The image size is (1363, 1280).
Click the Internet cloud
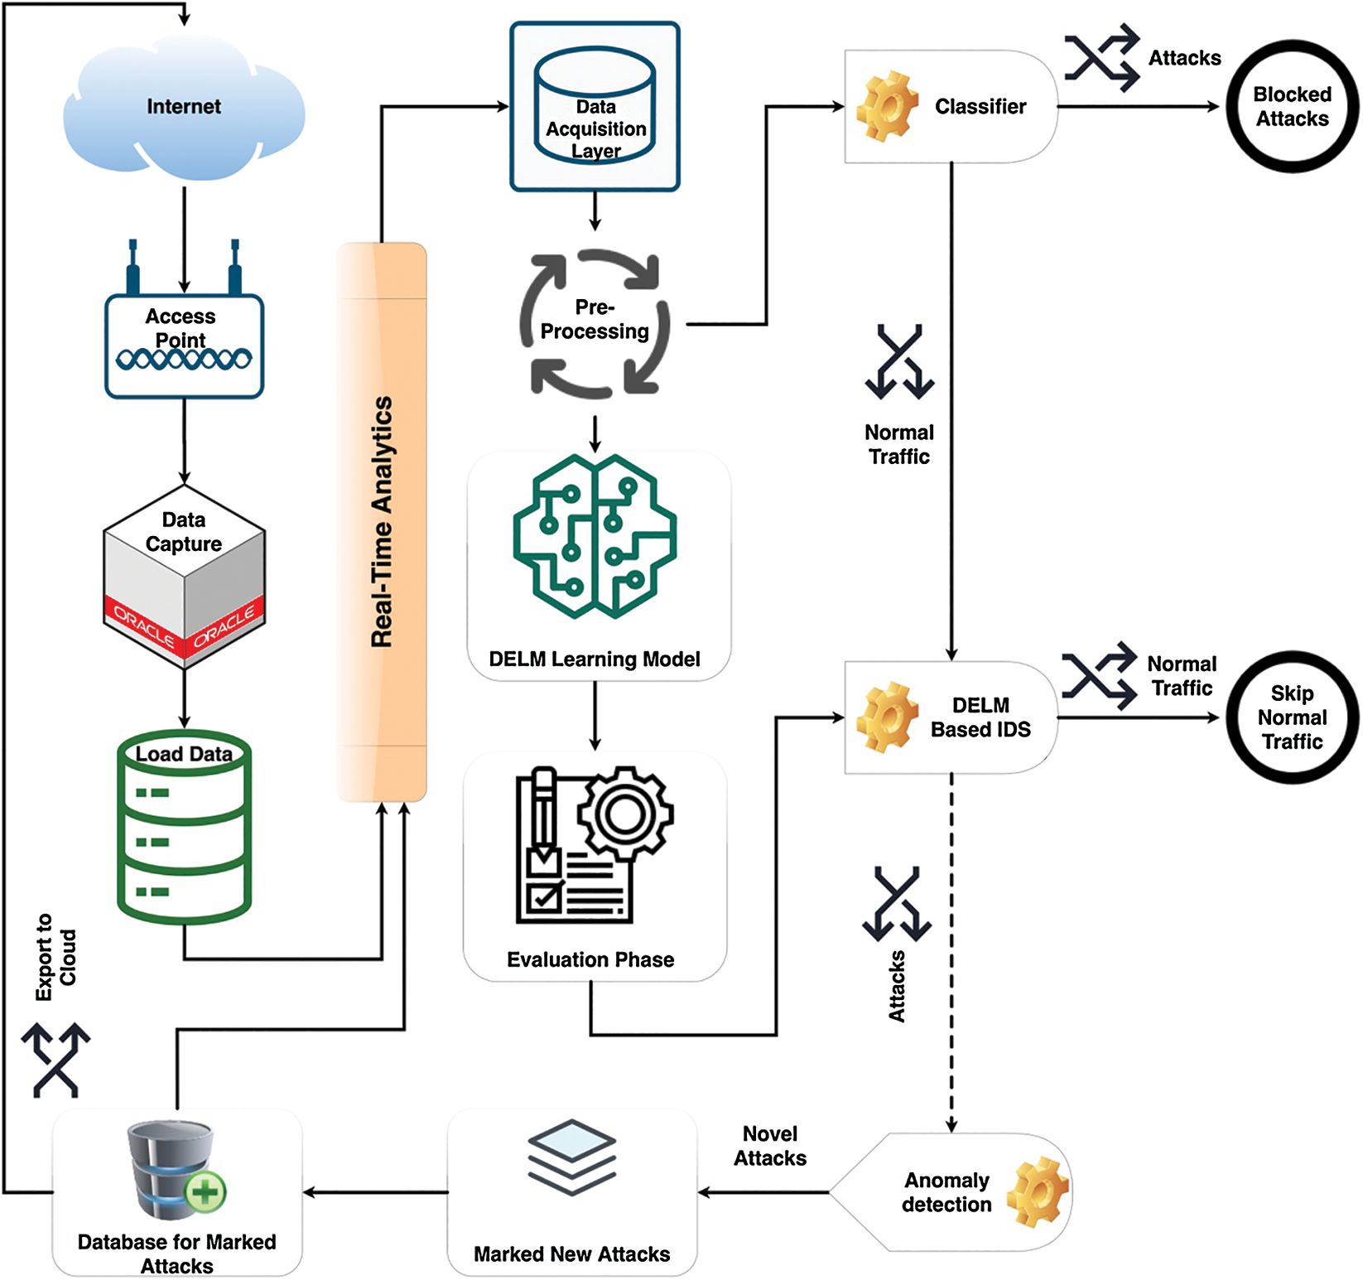(x=184, y=108)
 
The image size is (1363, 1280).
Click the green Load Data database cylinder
(x=184, y=828)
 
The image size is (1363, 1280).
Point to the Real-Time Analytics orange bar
(x=382, y=522)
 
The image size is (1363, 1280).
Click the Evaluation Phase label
(x=590, y=959)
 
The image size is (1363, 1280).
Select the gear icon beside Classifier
(x=887, y=106)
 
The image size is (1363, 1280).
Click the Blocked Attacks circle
(x=1292, y=107)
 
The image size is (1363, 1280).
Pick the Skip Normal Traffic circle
(x=1292, y=717)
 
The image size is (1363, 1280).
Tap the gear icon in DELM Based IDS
(x=887, y=717)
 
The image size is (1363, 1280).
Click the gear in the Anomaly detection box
(x=1038, y=1192)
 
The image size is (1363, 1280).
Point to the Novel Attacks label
(x=770, y=1146)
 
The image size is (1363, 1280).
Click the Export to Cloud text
(x=55, y=957)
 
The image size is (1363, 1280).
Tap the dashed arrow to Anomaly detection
(x=951, y=953)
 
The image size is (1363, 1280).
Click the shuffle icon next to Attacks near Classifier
(x=1102, y=58)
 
